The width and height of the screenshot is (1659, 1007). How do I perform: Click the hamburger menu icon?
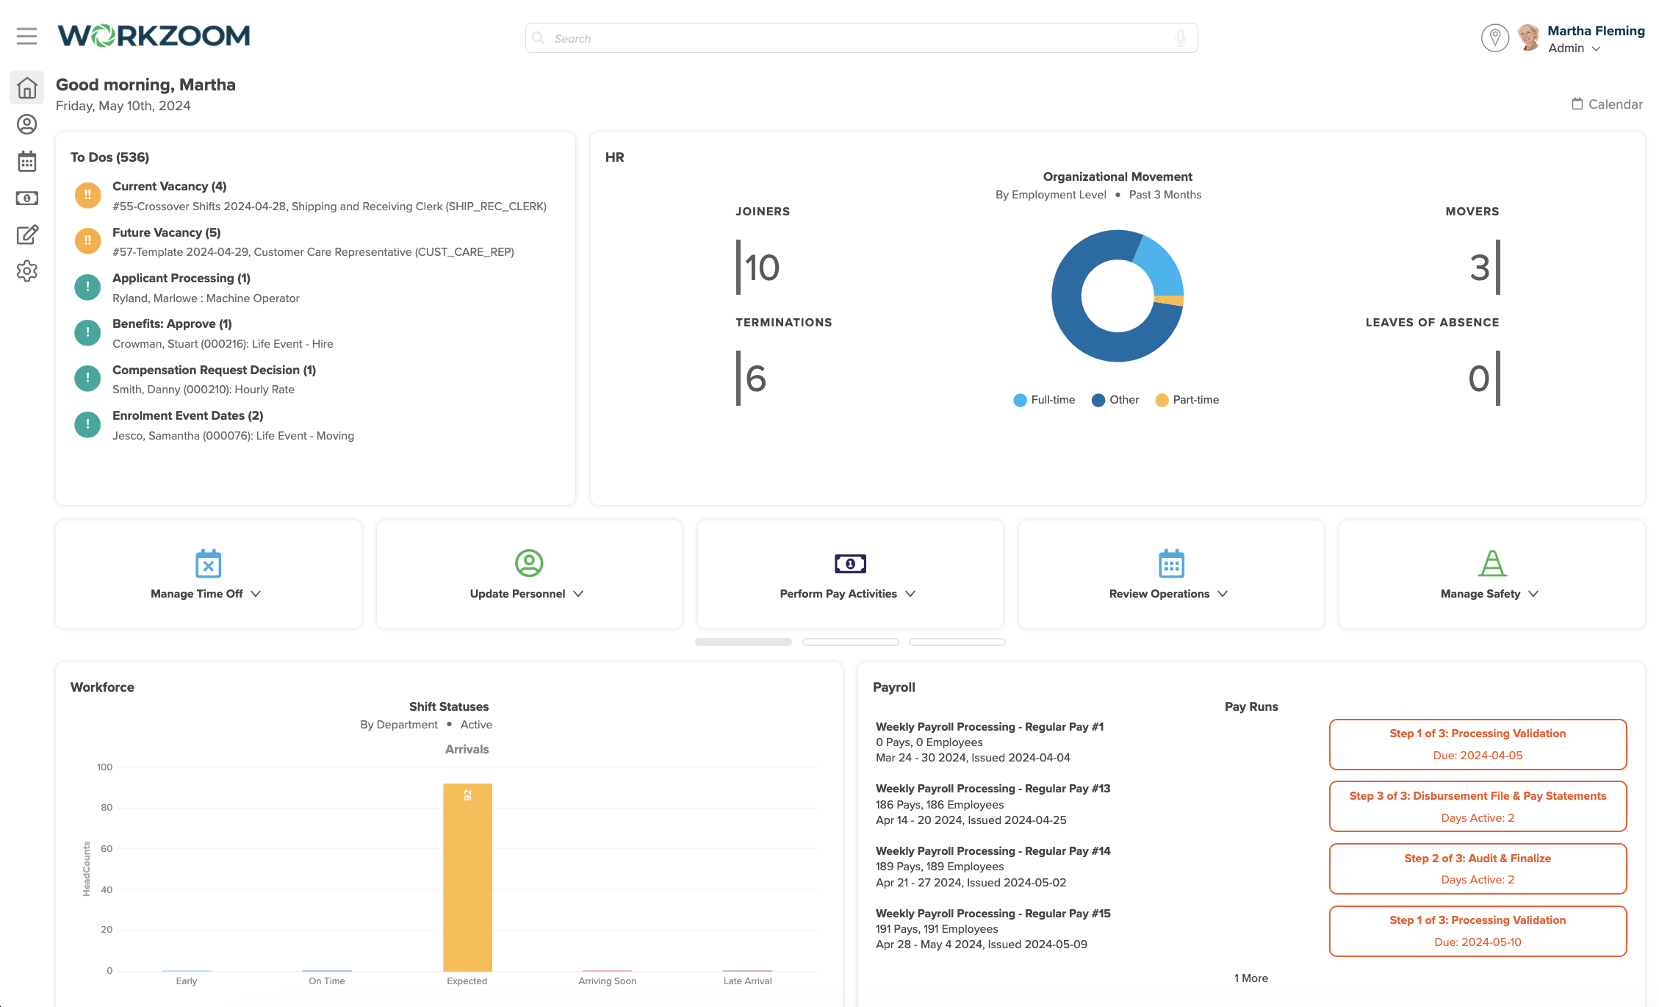26,36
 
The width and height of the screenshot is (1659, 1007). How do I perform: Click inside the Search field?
860,38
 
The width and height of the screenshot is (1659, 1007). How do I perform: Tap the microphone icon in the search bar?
1180,38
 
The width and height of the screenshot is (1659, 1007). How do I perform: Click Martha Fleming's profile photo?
1528,37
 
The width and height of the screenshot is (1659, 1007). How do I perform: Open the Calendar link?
1607,104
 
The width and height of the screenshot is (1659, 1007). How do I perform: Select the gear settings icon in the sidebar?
27,271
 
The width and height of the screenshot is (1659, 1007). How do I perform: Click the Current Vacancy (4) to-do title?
169,187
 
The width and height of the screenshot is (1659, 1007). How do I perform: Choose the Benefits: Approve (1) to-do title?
172,324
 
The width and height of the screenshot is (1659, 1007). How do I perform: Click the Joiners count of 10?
762,268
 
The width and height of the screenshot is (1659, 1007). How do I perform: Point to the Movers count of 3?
1479,268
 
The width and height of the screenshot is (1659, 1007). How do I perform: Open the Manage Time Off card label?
197,594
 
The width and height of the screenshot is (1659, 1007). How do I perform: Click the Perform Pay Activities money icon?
850,564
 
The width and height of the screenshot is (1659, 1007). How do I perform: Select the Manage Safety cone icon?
1491,564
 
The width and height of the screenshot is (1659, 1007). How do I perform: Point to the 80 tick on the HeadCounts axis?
107,808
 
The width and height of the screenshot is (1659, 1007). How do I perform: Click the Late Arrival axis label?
747,981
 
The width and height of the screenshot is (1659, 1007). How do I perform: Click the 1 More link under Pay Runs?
1250,978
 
